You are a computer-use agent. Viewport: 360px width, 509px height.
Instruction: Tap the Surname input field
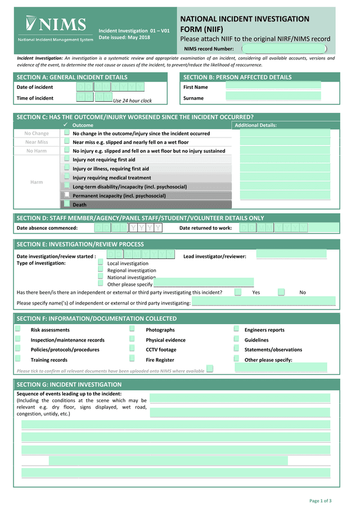pyautogui.click(x=273, y=97)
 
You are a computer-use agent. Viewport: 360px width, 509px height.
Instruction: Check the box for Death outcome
pyautogui.click(x=67, y=204)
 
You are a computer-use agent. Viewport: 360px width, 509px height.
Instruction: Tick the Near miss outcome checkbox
pyautogui.click(x=67, y=142)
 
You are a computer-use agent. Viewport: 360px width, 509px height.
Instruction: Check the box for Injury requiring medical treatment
pyautogui.click(x=67, y=177)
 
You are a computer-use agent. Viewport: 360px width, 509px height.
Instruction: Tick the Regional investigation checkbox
pyautogui.click(x=101, y=270)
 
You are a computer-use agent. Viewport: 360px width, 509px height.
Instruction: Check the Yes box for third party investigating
pyautogui.click(x=238, y=292)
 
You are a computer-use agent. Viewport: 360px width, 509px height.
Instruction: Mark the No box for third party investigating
pyautogui.click(x=282, y=292)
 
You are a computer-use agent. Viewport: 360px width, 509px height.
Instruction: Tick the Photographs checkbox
pyautogui.click(x=132, y=329)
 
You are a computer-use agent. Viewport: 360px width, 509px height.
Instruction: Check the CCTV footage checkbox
pyautogui.click(x=132, y=349)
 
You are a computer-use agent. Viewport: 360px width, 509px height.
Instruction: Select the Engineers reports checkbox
pyautogui.click(x=237, y=329)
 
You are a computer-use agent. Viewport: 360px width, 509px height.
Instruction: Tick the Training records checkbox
pyautogui.click(x=18, y=359)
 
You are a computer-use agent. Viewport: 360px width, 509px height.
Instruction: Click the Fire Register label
pyautogui.click(x=160, y=360)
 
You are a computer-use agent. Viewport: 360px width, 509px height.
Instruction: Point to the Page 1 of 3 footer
pyautogui.click(x=321, y=501)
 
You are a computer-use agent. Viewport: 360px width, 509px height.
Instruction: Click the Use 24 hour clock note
pyautogui.click(x=133, y=101)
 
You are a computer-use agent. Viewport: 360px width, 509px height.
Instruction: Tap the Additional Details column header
pyautogui.click(x=256, y=125)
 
